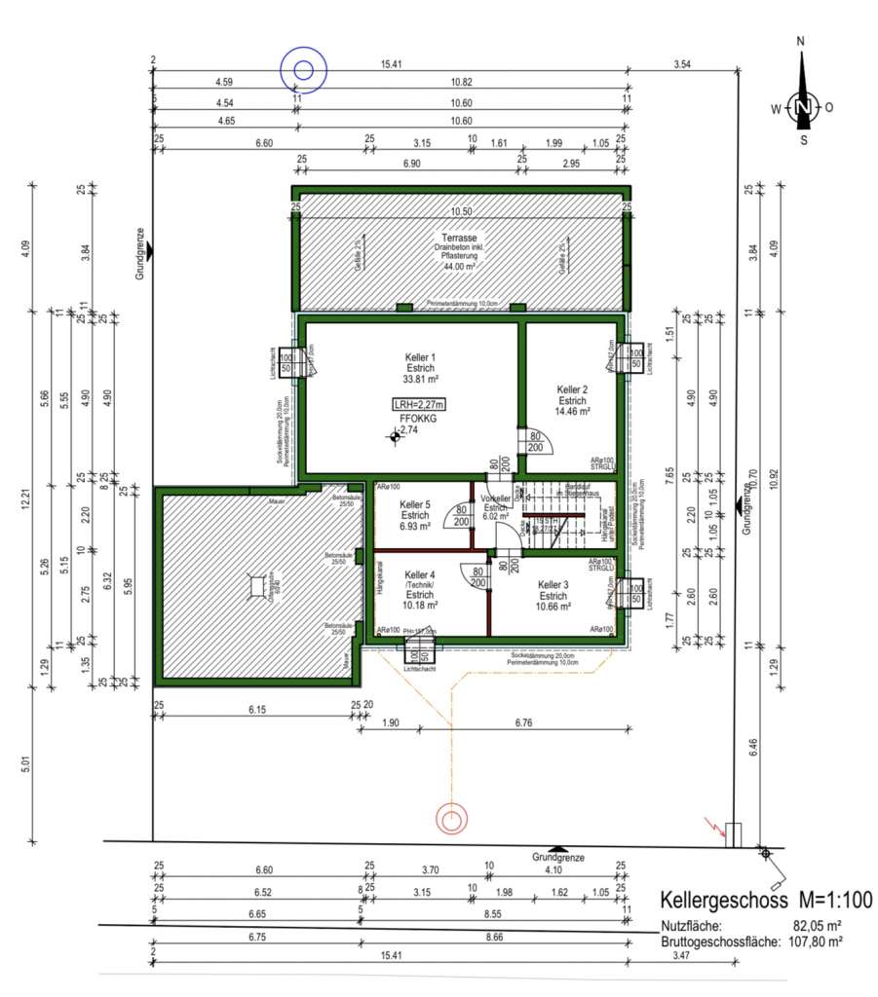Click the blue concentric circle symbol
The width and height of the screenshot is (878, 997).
click(x=303, y=69)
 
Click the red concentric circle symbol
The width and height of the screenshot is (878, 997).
click(x=451, y=818)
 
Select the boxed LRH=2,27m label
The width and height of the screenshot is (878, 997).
click(x=420, y=404)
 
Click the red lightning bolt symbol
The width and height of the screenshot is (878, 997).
click(x=718, y=831)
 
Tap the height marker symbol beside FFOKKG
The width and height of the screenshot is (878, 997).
click(x=395, y=437)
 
